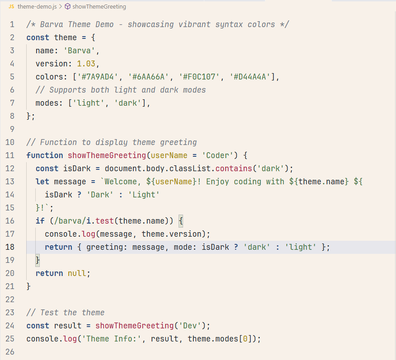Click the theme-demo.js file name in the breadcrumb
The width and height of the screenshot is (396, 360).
pos(37,7)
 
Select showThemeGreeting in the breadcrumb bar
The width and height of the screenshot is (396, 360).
pos(99,7)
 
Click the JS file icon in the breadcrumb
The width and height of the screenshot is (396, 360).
pos(11,7)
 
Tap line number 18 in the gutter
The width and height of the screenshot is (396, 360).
pos(10,247)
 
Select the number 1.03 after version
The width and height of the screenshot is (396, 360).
pos(86,64)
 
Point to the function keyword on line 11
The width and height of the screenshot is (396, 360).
pos(45,155)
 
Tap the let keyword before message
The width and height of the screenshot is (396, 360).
pos(42,182)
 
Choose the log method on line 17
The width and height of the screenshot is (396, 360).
pos(89,234)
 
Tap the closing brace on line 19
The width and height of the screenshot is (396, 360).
pos(38,260)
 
